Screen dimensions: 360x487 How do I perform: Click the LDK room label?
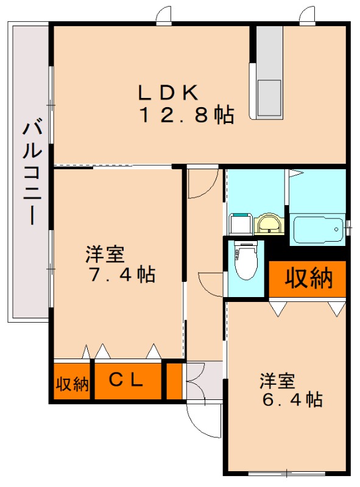click(x=168, y=93)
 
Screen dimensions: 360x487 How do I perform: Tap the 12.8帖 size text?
click(x=188, y=114)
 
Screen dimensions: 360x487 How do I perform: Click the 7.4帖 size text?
click(x=122, y=275)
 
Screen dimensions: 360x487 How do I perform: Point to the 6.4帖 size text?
click(x=292, y=399)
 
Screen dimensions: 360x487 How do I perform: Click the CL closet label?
click(x=126, y=379)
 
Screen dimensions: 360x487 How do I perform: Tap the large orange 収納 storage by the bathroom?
click(x=308, y=278)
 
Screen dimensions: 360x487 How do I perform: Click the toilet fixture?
click(x=246, y=261)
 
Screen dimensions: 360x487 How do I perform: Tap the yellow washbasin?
click(x=269, y=223)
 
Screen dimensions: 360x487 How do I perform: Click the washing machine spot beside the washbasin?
click(x=241, y=223)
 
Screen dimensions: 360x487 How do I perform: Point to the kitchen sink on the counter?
click(x=269, y=98)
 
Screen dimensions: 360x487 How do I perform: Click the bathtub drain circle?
click(x=336, y=229)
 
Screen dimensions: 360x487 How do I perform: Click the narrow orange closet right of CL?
click(x=174, y=381)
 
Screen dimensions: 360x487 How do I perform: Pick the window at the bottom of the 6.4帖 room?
click(x=287, y=474)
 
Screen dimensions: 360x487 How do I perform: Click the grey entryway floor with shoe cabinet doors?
click(x=204, y=380)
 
